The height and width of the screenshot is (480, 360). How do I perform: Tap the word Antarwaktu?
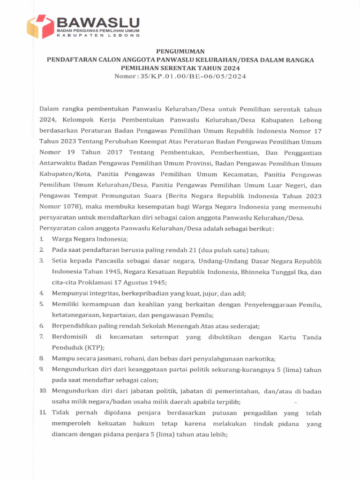58,163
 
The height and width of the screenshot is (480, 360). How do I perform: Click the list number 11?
43,412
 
